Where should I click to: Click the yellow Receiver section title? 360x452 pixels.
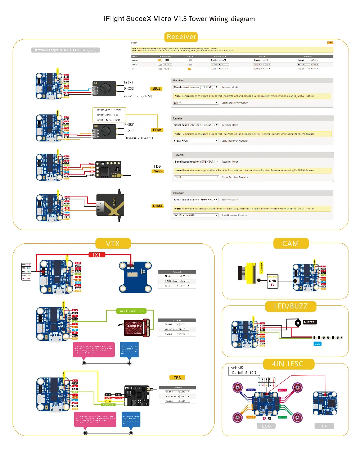[x=181, y=37]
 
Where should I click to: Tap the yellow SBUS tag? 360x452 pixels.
[x=156, y=89]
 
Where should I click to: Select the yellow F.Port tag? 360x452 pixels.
[x=157, y=130]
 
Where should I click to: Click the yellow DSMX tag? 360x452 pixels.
[x=158, y=206]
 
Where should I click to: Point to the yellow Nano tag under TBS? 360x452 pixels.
[x=158, y=171]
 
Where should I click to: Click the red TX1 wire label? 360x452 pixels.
[x=96, y=255]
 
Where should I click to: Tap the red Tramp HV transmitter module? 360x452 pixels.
[x=136, y=327]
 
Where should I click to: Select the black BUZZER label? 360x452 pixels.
[x=309, y=322]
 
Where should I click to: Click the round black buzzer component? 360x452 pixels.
[x=298, y=323]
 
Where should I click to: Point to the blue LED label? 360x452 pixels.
[x=317, y=344]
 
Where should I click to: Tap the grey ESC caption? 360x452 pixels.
[x=266, y=426]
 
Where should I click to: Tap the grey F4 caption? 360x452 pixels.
[x=324, y=426]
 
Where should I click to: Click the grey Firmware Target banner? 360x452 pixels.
[x=65, y=50]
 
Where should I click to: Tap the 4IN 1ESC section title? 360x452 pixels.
[x=288, y=364]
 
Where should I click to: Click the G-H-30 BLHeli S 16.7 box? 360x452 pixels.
[x=243, y=371]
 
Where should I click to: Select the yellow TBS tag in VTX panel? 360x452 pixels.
[x=177, y=378]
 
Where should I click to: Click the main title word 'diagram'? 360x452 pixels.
[x=243, y=19]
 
